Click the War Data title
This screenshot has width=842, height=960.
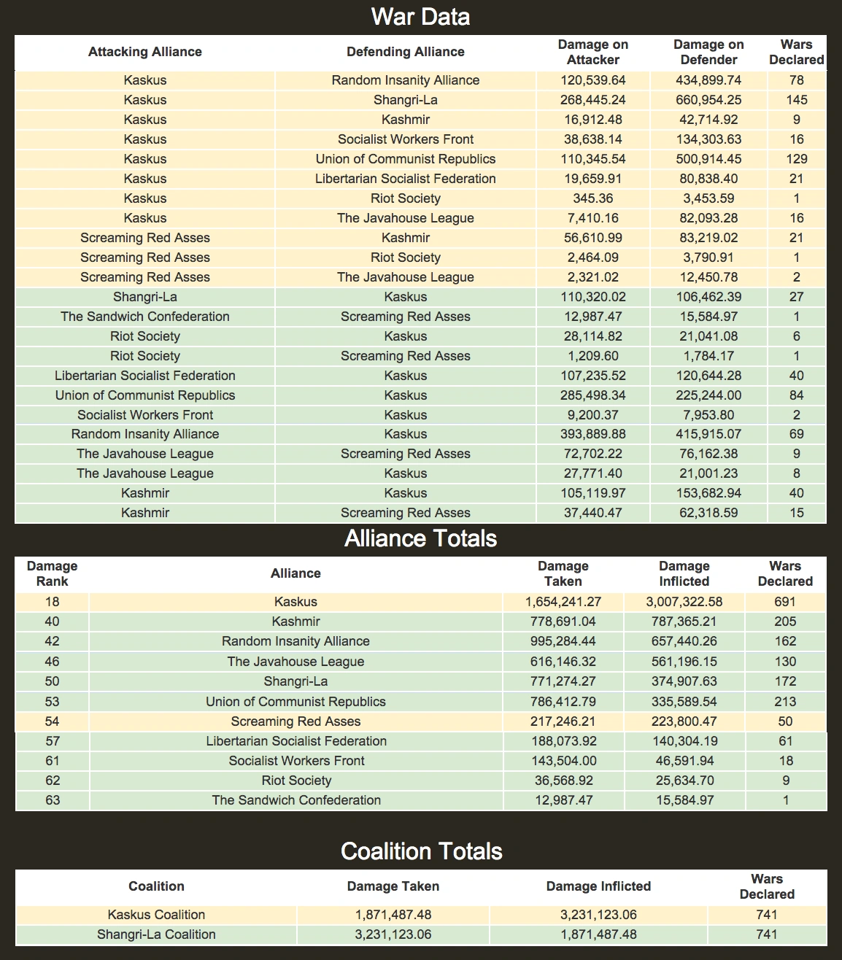coord(420,17)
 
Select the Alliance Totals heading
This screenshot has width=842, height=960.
coord(420,538)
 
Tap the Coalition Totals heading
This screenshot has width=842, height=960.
coord(421,851)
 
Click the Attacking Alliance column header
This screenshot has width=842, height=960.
coord(144,52)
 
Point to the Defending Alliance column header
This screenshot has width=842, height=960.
coord(405,52)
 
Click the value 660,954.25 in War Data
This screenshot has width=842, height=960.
coord(708,100)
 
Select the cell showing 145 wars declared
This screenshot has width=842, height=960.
coord(796,100)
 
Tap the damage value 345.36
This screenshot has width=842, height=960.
coord(592,198)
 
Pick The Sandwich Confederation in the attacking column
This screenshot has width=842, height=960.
coord(144,317)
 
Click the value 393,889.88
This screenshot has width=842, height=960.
coord(592,434)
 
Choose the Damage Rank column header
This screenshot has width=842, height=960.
coord(52,573)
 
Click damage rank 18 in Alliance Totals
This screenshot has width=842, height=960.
coord(52,602)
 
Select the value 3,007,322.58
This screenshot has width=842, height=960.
coord(684,602)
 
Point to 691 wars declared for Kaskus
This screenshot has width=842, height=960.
coord(784,602)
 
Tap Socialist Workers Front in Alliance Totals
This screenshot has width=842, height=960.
coord(296,761)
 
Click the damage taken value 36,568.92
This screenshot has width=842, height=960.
coord(563,781)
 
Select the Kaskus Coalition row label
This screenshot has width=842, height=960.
coord(156,915)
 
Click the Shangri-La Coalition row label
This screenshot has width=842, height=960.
coord(156,934)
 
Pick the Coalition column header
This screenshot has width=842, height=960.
coord(156,886)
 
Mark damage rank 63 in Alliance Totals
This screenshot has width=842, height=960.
coord(52,800)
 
